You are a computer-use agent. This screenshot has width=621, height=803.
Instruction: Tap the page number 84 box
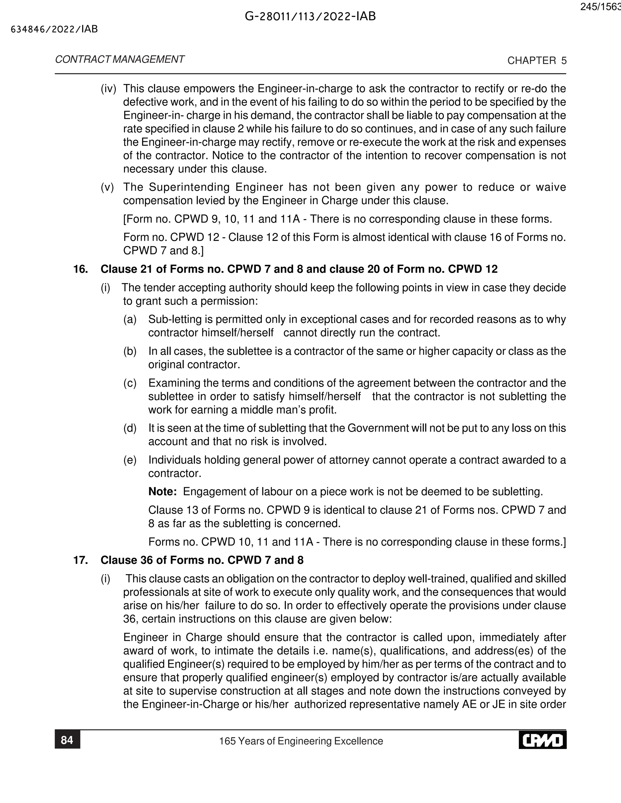[67, 740]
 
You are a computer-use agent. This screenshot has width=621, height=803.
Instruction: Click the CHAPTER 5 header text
[537, 61]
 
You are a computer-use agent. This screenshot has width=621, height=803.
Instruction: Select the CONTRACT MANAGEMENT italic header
[119, 60]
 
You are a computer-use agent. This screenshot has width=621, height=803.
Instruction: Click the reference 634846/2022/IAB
[55, 29]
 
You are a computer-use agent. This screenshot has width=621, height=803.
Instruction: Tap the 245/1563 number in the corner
[600, 7]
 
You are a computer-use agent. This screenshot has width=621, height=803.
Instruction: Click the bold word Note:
[162, 491]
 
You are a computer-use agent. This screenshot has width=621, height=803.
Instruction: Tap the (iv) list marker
[108, 88]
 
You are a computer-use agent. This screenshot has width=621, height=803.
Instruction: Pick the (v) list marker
[107, 187]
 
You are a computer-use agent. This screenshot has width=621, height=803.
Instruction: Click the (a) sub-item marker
[130, 319]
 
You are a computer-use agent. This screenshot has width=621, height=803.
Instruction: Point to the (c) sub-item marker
[130, 383]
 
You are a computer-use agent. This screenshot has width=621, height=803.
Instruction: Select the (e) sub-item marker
[130, 460]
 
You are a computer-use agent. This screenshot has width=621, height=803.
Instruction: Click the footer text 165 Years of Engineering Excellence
[301, 741]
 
